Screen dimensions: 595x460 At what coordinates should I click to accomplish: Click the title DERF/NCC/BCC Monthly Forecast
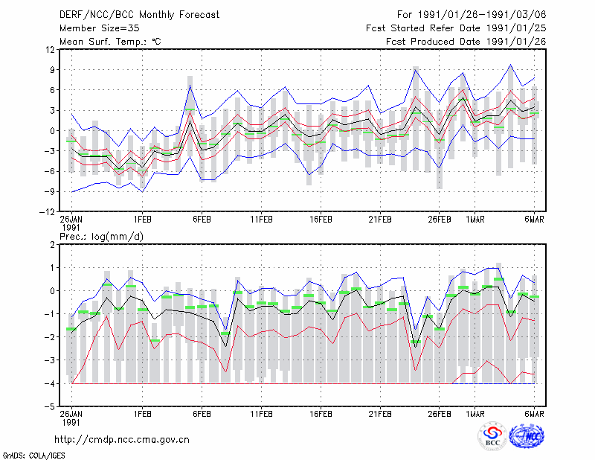139,15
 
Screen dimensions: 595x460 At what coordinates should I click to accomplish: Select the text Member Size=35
100,28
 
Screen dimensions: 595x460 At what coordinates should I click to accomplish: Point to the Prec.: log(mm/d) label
101,237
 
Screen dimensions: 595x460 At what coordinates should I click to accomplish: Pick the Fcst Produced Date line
466,42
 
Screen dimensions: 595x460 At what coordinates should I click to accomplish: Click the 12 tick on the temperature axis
51,49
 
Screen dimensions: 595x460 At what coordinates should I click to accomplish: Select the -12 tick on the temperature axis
48,212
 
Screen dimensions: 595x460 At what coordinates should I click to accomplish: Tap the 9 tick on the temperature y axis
52,69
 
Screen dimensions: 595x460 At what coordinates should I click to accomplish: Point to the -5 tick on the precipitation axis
50,407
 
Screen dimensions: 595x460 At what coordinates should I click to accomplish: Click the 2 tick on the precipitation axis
52,245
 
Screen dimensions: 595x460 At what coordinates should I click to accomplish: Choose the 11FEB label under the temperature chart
261,220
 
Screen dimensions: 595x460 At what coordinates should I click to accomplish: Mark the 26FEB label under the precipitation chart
440,414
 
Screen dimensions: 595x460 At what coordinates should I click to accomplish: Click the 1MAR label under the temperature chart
475,220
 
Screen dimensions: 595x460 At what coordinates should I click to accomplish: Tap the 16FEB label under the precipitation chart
321,414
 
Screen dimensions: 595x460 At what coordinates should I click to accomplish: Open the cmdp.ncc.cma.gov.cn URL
122,440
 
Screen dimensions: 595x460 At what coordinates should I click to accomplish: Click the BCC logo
492,436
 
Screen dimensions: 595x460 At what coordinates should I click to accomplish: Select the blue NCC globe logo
527,436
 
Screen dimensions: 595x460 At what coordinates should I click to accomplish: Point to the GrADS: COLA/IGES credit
33,456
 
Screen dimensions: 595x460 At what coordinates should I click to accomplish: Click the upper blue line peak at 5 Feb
190,86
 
